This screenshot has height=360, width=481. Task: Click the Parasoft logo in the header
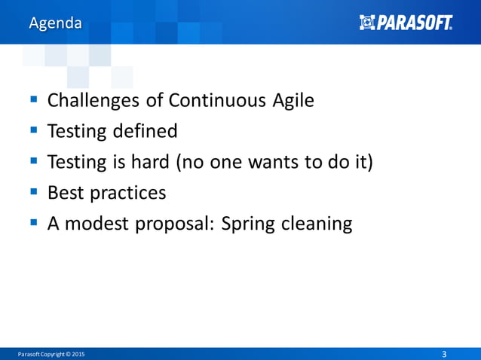coord(406,23)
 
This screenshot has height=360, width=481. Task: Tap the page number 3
coord(443,354)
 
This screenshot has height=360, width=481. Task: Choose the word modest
coord(100,224)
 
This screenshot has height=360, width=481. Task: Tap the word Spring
coord(247,224)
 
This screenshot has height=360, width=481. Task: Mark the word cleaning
coord(316,224)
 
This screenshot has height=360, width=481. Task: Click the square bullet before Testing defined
coord(35,131)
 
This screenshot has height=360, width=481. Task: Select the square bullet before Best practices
coord(35,192)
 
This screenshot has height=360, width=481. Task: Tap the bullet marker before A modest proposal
coord(35,223)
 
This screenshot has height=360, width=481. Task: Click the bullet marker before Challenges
coord(35,100)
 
